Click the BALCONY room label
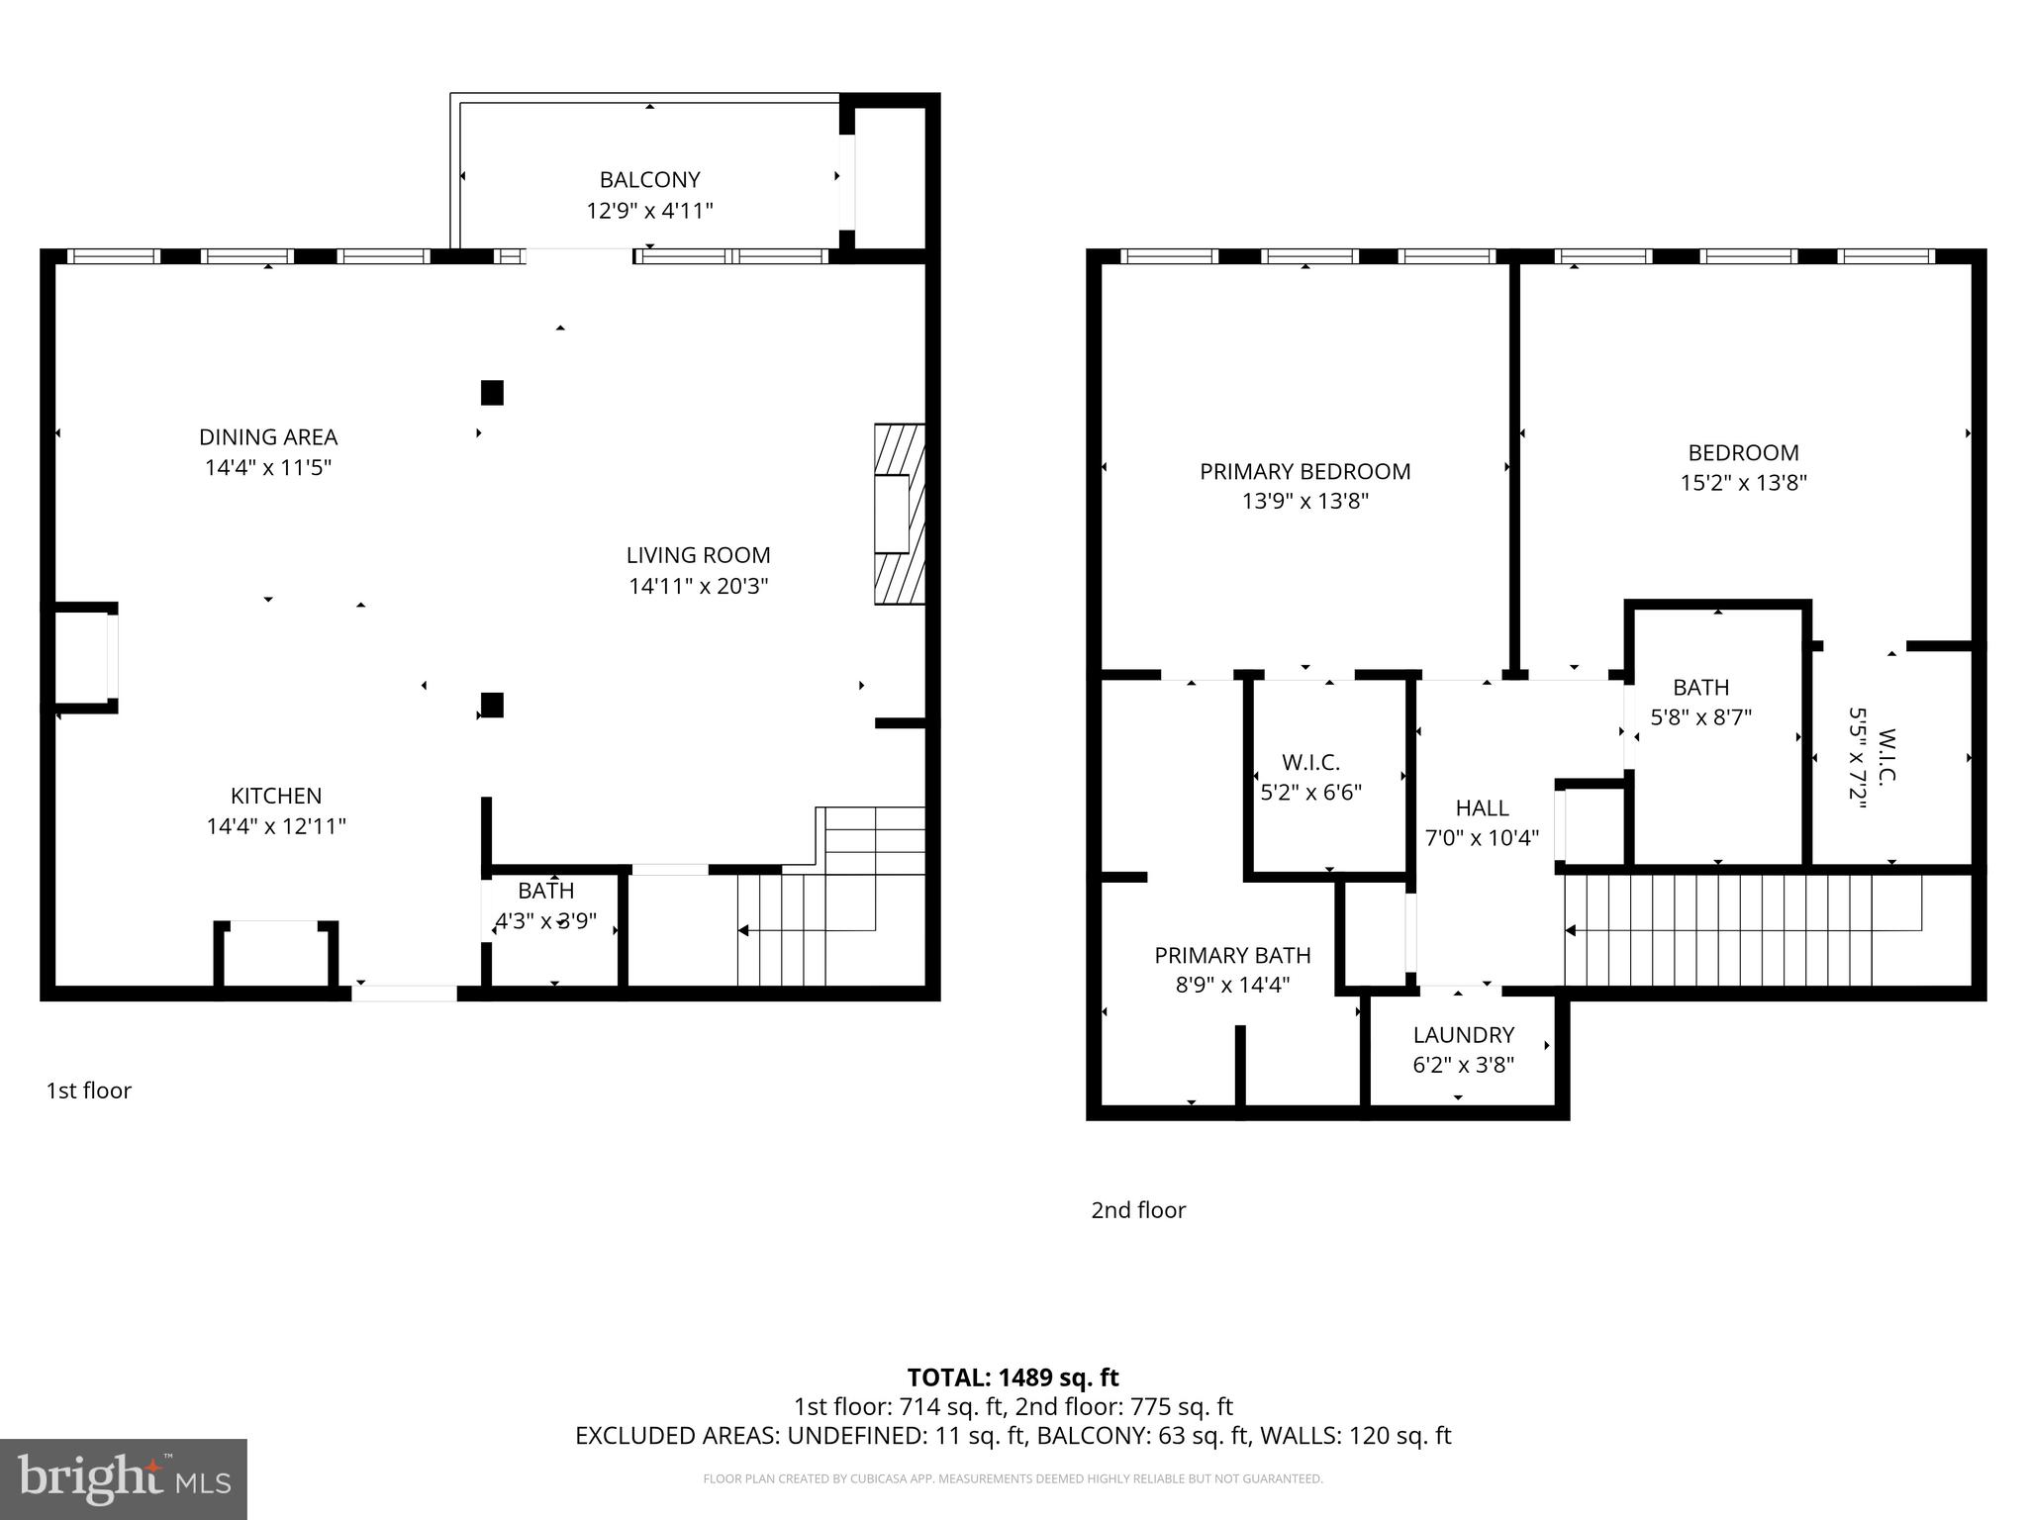tap(649, 180)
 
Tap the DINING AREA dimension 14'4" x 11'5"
tap(268, 467)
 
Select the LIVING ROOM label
tap(698, 555)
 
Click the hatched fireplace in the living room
tap(899, 515)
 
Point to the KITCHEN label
tap(276, 796)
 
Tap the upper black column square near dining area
tap(492, 393)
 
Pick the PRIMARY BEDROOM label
tap(1304, 471)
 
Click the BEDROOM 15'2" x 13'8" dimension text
tap(1743, 483)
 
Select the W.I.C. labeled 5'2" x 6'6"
tap(1310, 777)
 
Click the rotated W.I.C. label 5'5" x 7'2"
tap(1872, 758)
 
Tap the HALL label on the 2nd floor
tap(1482, 807)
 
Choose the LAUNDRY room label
tap(1463, 1035)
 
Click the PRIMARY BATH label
tap(1232, 955)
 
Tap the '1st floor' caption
tap(88, 1091)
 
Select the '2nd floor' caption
tap(1137, 1210)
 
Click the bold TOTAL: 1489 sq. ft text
tap(1013, 1377)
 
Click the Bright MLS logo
tap(123, 1479)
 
